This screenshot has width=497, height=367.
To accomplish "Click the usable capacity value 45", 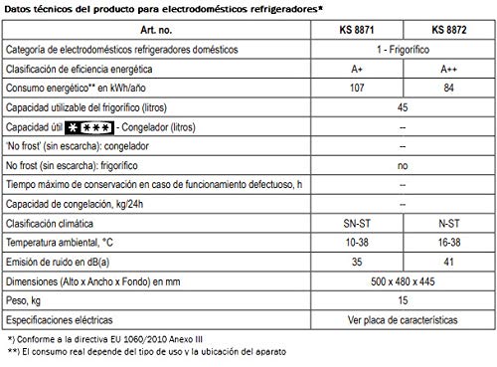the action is pos(402,107).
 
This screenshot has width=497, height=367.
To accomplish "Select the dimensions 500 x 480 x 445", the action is pos(402,282).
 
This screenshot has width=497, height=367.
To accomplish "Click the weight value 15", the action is pos(402,301).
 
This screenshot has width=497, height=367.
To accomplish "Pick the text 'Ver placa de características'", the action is pos(402,321).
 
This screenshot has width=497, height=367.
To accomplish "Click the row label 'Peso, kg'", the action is pos(26,301).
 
